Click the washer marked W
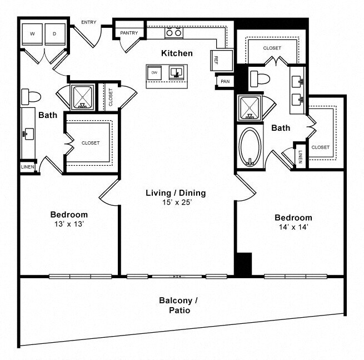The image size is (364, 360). pos(32,34)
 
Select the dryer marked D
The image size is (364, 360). pos(55,34)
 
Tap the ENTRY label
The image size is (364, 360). pos(89,22)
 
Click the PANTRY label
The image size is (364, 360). pos(129,33)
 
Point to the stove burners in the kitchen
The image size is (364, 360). pos(174,33)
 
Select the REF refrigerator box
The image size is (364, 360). pos(222,60)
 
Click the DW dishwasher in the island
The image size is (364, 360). pos(154,73)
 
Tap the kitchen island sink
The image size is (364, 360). pos(176,72)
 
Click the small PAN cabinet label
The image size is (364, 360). pos(225,81)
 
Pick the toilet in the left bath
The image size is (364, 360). pos(31,97)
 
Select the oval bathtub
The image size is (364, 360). pos(250,147)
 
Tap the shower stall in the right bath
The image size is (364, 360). pos(250,108)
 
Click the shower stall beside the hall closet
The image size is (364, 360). pos(82,97)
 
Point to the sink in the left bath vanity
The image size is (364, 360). pos(28,134)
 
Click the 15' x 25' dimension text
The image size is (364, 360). pos(177,203)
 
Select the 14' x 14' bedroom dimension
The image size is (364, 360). pos(293,227)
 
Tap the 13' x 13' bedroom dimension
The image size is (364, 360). pos(69,224)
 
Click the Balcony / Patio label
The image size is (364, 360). pos(178,305)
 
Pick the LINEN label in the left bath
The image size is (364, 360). pos(28,167)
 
